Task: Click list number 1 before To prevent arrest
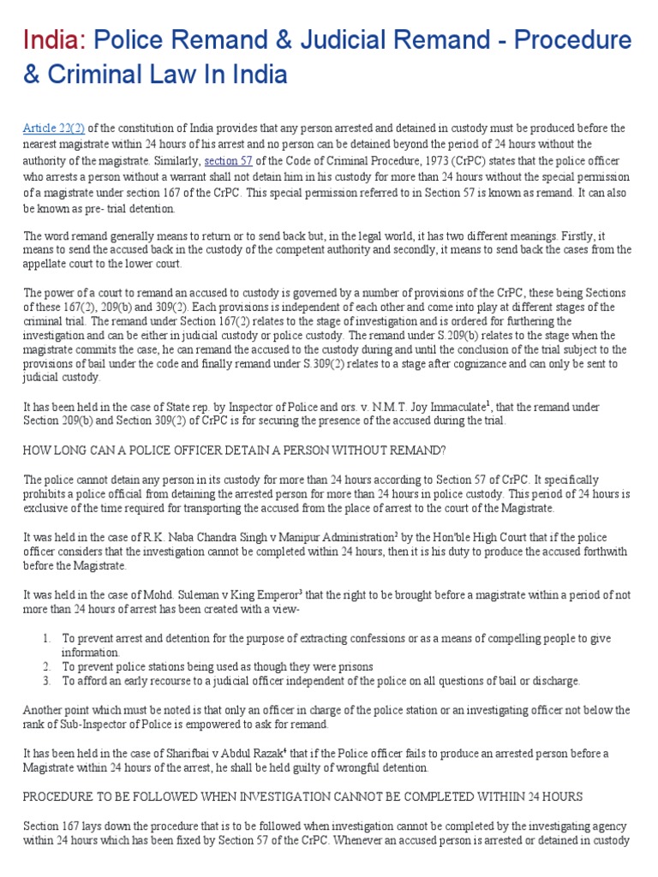point(46,638)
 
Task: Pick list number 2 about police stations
point(46,666)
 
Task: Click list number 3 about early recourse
point(46,682)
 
